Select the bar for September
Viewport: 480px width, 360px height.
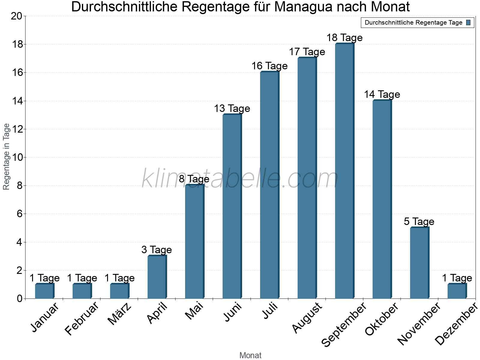click(344, 171)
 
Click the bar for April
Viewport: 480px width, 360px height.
click(157, 277)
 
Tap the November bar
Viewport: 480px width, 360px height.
click(419, 263)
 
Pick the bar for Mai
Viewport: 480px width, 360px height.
click(194, 241)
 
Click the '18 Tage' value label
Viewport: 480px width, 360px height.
click(344, 38)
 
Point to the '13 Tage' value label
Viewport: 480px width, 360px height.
click(232, 109)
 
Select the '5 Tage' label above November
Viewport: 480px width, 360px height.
click(419, 222)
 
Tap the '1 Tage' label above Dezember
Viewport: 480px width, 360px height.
click(457, 278)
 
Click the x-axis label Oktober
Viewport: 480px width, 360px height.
click(382, 319)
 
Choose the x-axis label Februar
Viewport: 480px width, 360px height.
click(82, 319)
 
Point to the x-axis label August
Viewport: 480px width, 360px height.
click(307, 318)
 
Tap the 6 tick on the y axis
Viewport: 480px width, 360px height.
click(19, 214)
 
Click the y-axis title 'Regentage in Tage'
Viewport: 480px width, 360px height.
click(6, 157)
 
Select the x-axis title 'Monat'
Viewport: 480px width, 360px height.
click(250, 355)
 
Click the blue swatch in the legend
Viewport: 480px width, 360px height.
click(468, 22)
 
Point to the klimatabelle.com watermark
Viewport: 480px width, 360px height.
click(240, 178)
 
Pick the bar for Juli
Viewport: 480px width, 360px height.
click(269, 185)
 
